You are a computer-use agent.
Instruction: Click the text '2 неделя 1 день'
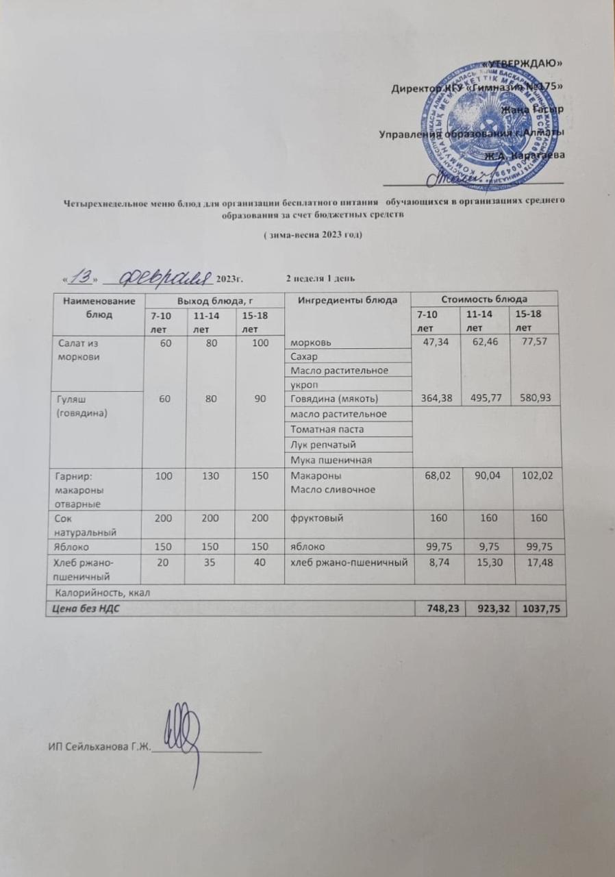(x=320, y=277)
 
